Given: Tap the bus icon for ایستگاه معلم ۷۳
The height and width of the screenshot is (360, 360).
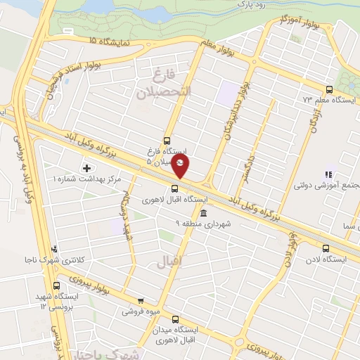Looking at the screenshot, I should coord(329,89).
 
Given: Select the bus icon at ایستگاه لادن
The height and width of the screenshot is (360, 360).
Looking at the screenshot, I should coord(325,248).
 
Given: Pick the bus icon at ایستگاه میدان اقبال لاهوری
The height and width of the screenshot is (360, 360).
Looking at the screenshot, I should coord(175,319).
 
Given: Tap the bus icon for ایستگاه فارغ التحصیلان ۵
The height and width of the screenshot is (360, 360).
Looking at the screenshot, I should coord(167,140).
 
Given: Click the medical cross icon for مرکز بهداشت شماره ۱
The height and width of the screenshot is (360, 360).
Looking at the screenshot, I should coord(86,168).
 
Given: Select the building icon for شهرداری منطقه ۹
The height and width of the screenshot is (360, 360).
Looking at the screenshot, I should coord(203,213).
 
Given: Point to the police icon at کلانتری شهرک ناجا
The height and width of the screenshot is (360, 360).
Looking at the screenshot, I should coord(55,249).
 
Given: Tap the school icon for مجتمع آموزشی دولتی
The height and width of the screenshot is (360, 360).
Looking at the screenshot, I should coord(326,174).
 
